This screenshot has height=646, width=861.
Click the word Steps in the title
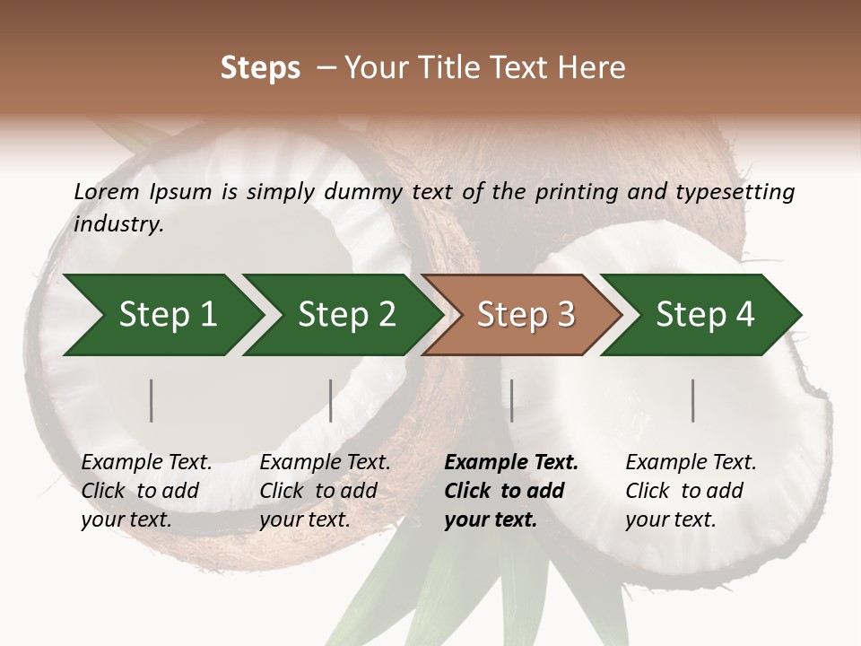point(260,68)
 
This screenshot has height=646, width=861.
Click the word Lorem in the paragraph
point(107,192)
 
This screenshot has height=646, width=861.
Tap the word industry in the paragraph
point(118,224)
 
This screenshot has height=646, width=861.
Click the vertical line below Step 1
point(152,400)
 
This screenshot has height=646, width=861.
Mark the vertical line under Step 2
point(331,400)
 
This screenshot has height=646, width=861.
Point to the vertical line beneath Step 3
point(512,400)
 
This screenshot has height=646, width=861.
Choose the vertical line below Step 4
point(693,400)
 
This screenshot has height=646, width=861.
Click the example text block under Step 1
point(146,491)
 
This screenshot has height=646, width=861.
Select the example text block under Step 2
point(325,491)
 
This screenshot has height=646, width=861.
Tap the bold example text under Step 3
point(511,491)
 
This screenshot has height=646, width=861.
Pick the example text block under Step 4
point(691,491)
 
